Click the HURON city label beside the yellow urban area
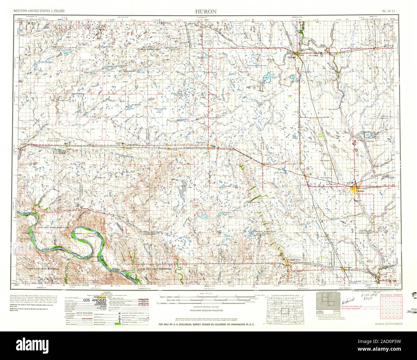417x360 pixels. (361, 192)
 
